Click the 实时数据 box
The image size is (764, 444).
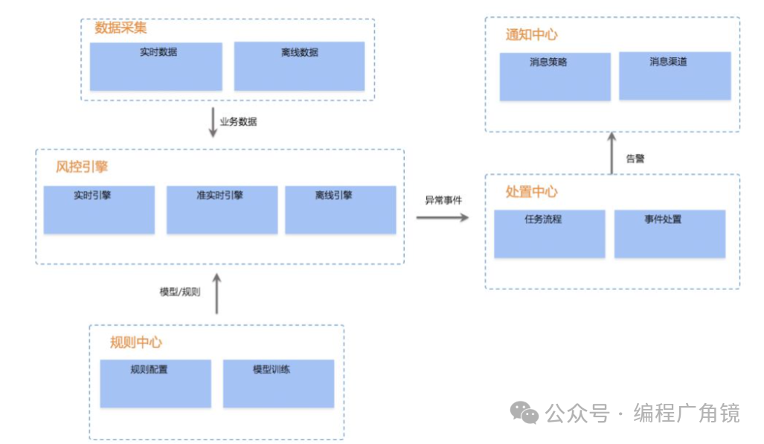(156, 66)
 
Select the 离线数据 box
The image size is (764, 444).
(299, 66)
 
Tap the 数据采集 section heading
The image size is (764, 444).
(121, 28)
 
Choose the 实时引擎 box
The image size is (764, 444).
(99, 210)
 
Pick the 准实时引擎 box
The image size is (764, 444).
(220, 210)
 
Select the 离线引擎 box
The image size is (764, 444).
(341, 210)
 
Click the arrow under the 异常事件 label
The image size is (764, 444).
(443, 217)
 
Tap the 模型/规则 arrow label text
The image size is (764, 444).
(180, 292)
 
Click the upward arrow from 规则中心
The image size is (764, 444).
(217, 293)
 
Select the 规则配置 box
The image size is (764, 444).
(155, 384)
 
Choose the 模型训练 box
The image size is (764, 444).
(278, 384)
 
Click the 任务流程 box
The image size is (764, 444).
(549, 234)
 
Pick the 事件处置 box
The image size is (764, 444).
(670, 234)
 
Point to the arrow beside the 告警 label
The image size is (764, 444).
(611, 153)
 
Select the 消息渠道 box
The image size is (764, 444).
(675, 77)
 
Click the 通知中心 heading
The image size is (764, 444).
(532, 34)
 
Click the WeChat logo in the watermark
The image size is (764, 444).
(526, 414)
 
